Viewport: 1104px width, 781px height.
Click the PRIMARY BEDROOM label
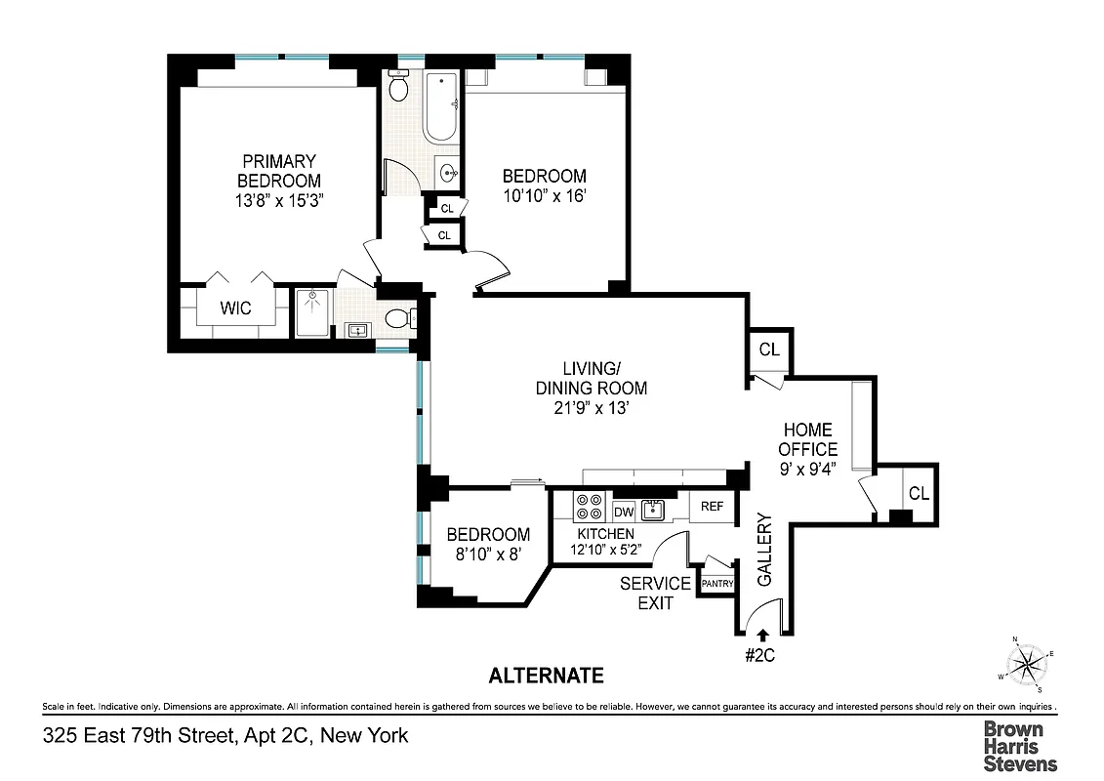[280, 172]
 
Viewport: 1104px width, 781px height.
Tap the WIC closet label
[235, 308]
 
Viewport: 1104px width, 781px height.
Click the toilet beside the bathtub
[398, 90]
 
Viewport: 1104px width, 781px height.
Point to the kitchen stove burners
[589, 507]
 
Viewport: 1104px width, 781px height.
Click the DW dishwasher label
[624, 512]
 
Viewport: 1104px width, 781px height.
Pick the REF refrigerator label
[712, 506]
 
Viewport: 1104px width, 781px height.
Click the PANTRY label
[717, 584]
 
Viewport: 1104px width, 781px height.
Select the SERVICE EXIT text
[655, 593]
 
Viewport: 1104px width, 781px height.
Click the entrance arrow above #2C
[761, 635]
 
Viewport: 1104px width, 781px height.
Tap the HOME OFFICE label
[808, 439]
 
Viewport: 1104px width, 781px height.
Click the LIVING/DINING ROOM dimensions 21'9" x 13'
[591, 409]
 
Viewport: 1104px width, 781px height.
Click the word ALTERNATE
[546, 676]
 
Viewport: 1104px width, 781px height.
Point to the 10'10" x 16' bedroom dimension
[544, 195]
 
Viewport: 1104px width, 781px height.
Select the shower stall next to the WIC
[313, 311]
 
